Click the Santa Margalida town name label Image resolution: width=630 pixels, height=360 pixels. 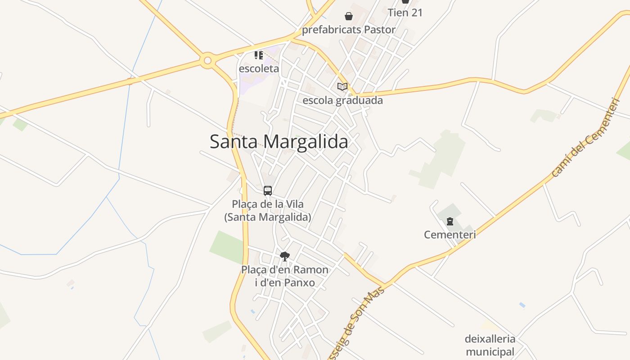pyautogui.click(x=279, y=142)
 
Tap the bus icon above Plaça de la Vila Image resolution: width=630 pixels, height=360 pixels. pyautogui.click(x=268, y=190)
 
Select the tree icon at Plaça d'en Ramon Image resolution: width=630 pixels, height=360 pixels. pyautogui.click(x=284, y=256)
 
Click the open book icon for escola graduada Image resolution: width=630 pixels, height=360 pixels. pyautogui.click(x=342, y=86)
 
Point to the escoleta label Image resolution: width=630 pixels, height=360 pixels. pyautogui.click(x=259, y=69)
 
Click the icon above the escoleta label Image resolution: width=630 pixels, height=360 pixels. pyautogui.click(x=259, y=55)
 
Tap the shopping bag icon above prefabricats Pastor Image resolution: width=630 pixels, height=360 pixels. pyautogui.click(x=349, y=17)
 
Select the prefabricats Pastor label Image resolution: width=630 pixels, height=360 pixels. pyautogui.click(x=349, y=30)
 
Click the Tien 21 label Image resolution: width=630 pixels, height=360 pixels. pyautogui.click(x=405, y=13)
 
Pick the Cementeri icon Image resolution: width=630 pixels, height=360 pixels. pyautogui.click(x=450, y=221)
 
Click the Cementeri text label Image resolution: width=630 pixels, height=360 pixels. pyautogui.click(x=450, y=234)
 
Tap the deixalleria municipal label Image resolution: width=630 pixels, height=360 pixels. pyautogui.click(x=490, y=345)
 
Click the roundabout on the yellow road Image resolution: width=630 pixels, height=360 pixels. pyautogui.click(x=207, y=60)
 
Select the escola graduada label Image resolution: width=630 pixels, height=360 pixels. pyautogui.click(x=342, y=100)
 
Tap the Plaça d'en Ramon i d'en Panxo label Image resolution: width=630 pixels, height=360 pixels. pyautogui.click(x=284, y=276)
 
